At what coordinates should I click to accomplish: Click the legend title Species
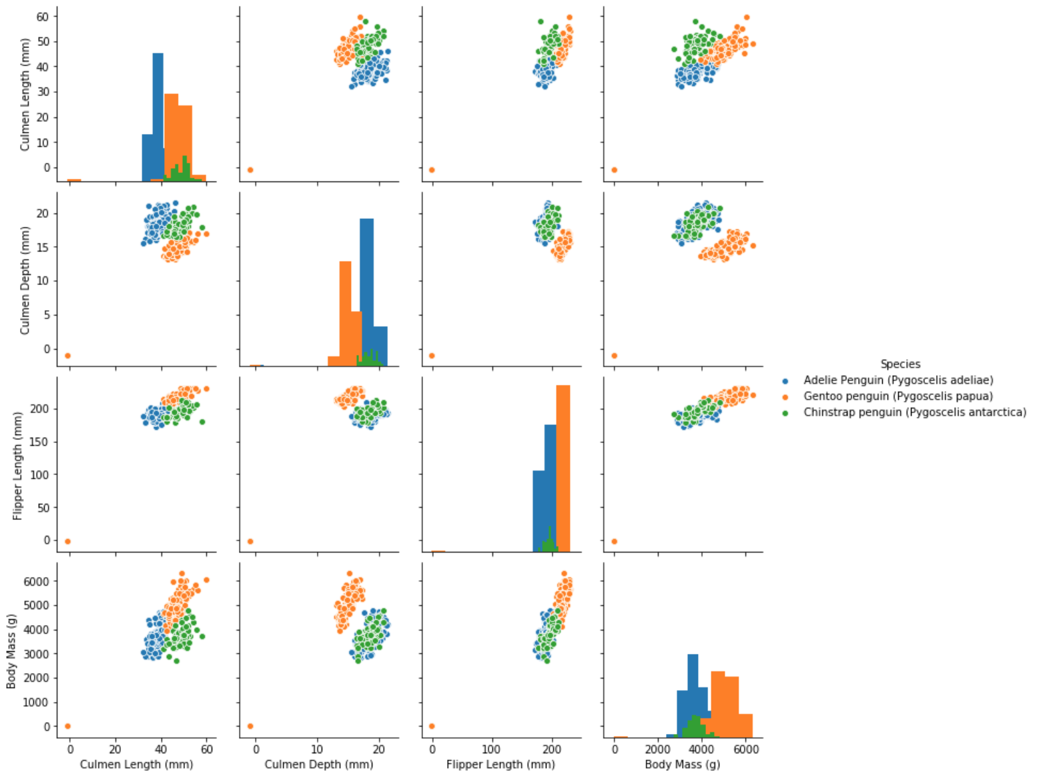900,364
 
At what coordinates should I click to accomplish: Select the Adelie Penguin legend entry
898,380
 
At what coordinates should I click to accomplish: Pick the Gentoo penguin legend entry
898,396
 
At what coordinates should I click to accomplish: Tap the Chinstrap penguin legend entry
914,412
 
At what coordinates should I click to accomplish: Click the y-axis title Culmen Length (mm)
25,94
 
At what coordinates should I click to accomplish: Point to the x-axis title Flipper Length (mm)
500,765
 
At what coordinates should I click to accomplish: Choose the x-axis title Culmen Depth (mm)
318,765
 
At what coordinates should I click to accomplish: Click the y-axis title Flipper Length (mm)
18,465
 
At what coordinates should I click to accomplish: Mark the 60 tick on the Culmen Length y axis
43,16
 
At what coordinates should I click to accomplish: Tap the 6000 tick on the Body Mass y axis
37,581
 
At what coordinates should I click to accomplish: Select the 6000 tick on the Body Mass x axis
745,749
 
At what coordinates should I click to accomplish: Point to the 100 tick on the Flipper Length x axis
492,749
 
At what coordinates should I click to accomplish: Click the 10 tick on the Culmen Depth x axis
318,749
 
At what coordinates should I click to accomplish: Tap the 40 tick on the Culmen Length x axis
161,749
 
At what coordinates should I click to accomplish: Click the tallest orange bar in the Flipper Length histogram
563,467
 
